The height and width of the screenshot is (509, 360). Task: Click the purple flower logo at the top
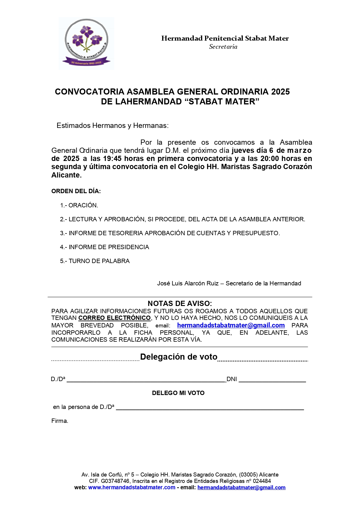(86, 43)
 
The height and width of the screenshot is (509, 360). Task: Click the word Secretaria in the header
(223, 47)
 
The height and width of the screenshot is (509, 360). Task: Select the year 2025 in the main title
(281, 92)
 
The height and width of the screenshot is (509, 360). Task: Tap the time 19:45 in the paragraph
(112, 159)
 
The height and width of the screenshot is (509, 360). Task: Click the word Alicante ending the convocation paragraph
(66, 175)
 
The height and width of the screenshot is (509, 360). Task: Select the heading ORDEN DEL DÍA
(76, 191)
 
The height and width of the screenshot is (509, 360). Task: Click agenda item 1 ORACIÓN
(79, 205)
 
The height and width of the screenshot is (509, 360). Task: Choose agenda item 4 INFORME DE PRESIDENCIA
(105, 247)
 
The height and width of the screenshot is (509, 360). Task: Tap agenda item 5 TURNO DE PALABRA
(95, 261)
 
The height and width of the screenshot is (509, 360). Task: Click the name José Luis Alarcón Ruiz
(188, 283)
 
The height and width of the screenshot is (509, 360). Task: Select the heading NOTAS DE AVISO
(180, 303)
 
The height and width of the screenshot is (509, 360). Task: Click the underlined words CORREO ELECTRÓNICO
(115, 318)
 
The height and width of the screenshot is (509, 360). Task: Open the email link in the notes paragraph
(231, 325)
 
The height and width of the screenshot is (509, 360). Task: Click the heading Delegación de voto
(179, 357)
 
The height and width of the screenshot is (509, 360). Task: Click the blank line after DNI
(272, 379)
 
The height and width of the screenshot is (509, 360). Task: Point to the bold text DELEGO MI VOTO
(178, 393)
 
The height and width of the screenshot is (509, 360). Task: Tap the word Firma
(59, 421)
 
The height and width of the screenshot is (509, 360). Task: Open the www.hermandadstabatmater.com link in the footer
(132, 488)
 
